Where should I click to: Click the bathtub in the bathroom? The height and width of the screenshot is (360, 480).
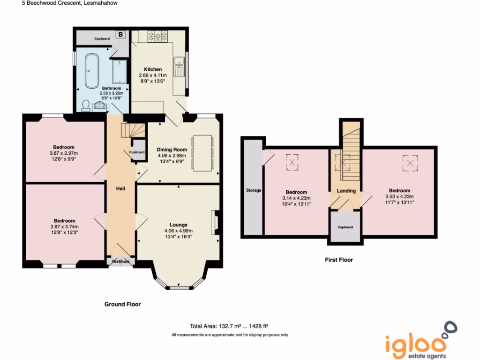point(91,70)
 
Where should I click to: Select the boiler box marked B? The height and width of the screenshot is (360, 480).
point(120,35)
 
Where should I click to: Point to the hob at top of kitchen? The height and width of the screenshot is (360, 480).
point(157,36)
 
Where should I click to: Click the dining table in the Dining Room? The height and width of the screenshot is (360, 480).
point(202,152)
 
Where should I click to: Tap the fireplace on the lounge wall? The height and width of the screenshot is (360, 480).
point(216,222)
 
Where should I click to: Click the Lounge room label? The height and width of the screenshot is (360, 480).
point(179,225)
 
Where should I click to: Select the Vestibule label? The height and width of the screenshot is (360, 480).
point(120,262)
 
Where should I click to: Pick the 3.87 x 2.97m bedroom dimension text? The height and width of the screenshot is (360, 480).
point(64,153)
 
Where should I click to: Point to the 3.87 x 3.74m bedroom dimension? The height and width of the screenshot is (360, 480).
point(64,227)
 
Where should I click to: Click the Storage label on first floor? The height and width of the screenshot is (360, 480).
point(254,190)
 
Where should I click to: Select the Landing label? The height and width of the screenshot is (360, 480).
point(346,191)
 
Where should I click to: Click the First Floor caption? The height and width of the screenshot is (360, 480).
point(339,260)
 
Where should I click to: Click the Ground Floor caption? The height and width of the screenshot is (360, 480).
point(122,304)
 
